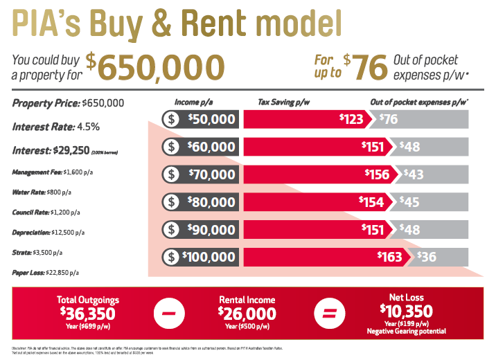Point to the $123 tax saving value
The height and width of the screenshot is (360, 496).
[352, 119]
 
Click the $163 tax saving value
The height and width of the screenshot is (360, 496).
[390, 257]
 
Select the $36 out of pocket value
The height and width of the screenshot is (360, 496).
[426, 257]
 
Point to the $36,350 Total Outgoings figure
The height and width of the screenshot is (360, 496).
[88, 313]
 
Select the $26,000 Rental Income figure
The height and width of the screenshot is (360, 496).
[247, 314]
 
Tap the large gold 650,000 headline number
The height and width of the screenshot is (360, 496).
[161, 67]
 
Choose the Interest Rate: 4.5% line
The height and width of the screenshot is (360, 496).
[56, 127]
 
